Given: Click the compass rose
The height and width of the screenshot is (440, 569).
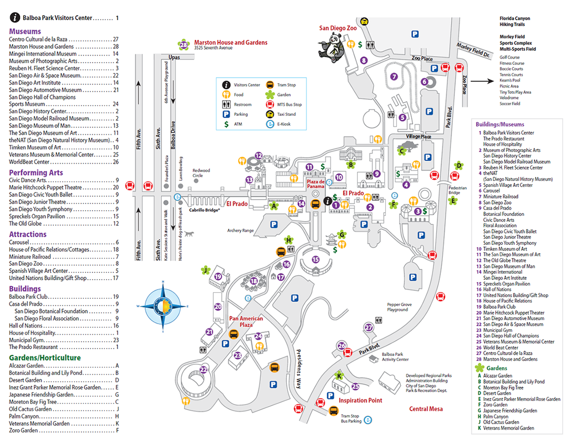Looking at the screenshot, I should click(x=163, y=306).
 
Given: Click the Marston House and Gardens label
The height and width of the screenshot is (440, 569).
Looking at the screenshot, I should click(x=231, y=43).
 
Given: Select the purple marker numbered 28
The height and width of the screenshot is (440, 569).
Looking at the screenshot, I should click(x=184, y=45).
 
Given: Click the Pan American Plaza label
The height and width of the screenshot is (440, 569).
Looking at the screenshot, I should click(x=246, y=322).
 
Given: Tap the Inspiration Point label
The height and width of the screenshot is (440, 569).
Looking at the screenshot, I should click(x=360, y=400).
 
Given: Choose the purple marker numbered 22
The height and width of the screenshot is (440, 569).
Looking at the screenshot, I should click(x=203, y=370).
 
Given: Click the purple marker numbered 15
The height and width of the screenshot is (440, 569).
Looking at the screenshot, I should click(x=315, y=259).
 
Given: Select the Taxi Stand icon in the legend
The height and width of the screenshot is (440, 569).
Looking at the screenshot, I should click(x=270, y=114).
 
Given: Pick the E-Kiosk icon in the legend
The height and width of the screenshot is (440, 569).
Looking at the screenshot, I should click(x=270, y=124).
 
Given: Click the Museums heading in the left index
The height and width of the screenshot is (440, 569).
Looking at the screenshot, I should click(x=25, y=31).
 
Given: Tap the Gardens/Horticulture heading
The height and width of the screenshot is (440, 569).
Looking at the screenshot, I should click(x=44, y=358).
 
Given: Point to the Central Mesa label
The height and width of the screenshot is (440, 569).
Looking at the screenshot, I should click(x=426, y=409).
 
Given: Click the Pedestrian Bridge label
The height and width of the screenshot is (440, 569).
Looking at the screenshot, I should click(x=458, y=190).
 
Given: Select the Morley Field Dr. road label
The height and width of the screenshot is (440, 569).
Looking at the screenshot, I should click(x=473, y=49).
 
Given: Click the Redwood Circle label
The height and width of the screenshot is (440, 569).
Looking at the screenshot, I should click(x=201, y=173).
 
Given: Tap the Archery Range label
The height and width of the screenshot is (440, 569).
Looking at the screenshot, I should click(x=241, y=231).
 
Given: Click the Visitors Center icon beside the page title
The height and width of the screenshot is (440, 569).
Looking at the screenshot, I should click(x=15, y=18).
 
